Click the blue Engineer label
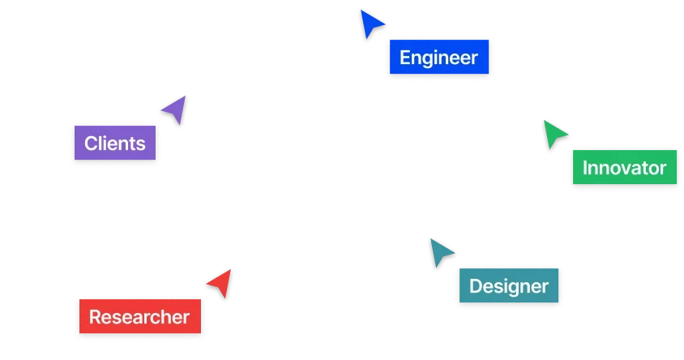[439, 58]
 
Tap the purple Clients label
[115, 144]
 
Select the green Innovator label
[624, 169]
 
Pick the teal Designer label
[508, 286]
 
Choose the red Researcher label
[139, 317]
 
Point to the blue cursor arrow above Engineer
[372, 24]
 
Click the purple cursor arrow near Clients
[173, 109]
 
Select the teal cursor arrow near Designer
[441, 254]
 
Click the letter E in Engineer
[404, 58]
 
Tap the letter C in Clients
[91, 144]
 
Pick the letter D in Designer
[476, 286]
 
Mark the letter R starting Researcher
[95, 317]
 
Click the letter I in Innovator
[586, 169]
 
